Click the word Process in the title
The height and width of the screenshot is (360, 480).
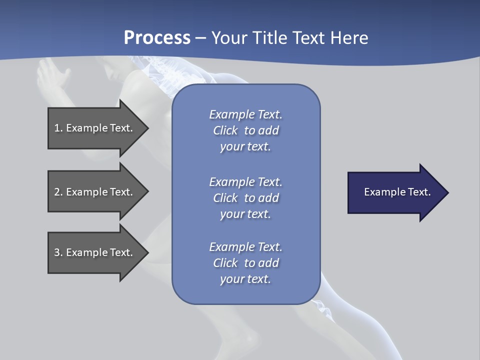[157, 38]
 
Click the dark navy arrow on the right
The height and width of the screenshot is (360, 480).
[395, 192]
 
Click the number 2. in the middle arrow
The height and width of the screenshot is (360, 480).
[58, 192]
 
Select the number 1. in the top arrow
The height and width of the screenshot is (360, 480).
[58, 128]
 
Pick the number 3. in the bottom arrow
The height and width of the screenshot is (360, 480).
[58, 252]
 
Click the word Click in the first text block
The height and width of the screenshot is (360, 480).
[225, 130]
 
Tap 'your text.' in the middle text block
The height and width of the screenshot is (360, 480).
[245, 214]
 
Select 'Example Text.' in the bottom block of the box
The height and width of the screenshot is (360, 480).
[245, 247]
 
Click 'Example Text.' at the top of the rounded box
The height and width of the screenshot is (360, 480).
[245, 114]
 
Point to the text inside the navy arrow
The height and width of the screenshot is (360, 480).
[397, 192]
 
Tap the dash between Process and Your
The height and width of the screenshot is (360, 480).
[201, 38]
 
